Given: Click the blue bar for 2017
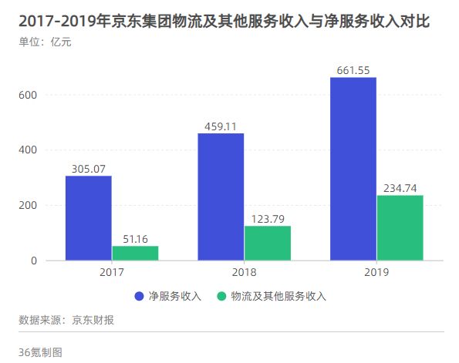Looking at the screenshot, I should click(88, 218).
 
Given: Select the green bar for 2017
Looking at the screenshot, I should click(135, 253).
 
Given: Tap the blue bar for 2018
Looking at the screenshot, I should click(221, 197).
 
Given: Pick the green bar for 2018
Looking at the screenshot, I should click(268, 243).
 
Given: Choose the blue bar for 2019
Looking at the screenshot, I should click(353, 169).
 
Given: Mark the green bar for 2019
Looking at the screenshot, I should click(400, 227).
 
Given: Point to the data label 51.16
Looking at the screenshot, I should click(135, 239).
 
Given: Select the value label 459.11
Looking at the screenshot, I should click(221, 126).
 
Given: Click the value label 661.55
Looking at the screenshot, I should click(353, 70).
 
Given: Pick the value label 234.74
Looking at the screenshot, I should click(400, 188).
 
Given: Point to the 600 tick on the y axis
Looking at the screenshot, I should click(29, 95).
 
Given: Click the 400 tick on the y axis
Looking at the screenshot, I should click(29, 150).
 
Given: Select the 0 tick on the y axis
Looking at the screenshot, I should click(34, 260).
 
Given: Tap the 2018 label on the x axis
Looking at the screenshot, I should click(244, 273).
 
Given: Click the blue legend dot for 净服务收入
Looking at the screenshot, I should click(140, 296).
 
